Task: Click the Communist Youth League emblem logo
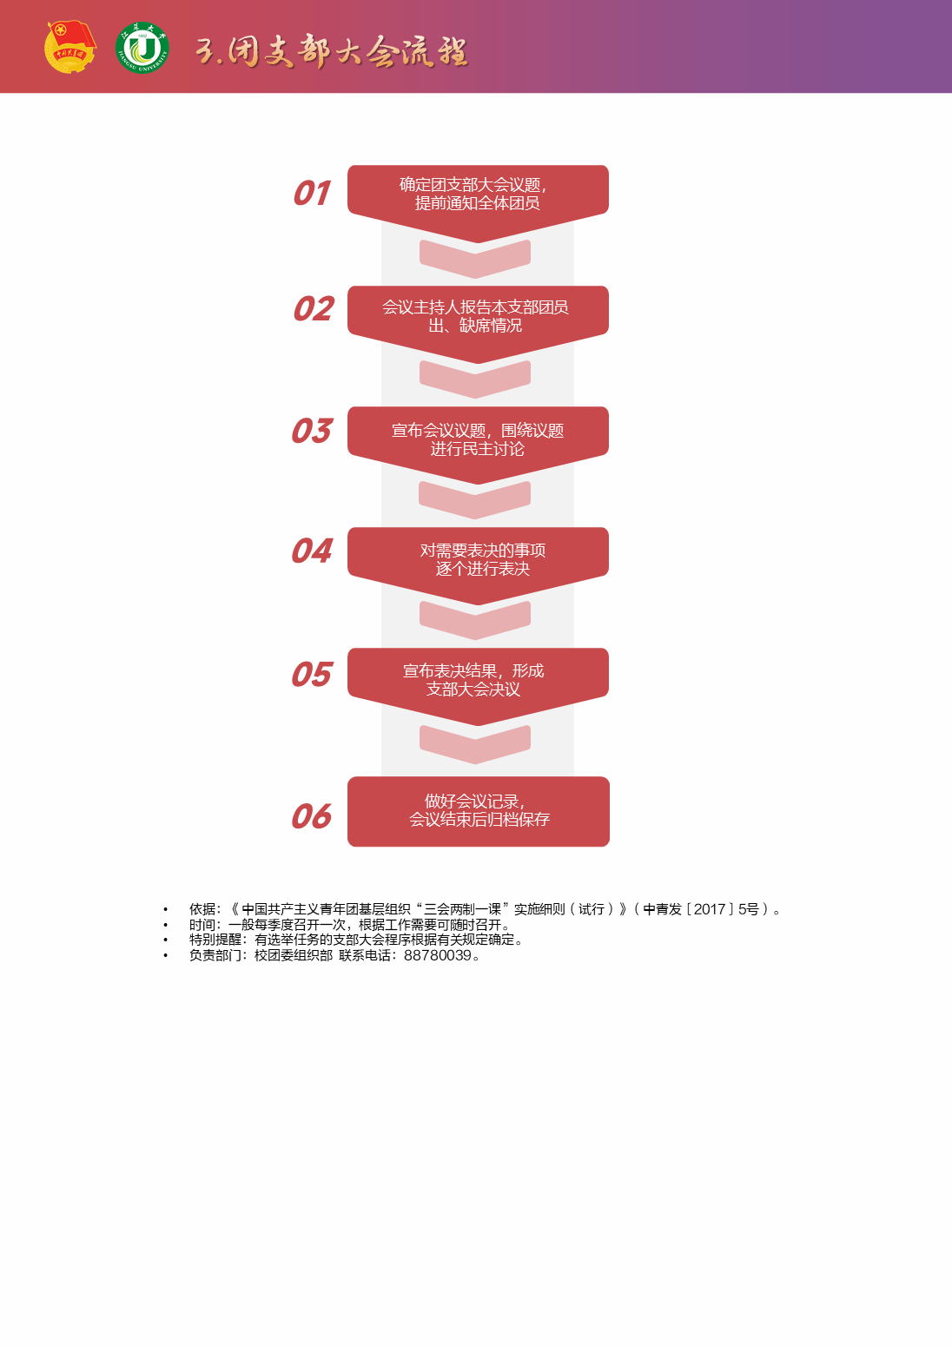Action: pyautogui.click(x=69, y=47)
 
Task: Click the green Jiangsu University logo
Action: pyautogui.click(x=142, y=48)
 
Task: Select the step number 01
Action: pyautogui.click(x=311, y=193)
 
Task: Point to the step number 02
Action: pyautogui.click(x=313, y=309)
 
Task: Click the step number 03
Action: pyautogui.click(x=312, y=431)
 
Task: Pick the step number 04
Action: pyautogui.click(x=312, y=551)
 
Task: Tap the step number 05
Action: pyautogui.click(x=312, y=675)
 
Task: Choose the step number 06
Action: pyautogui.click(x=312, y=816)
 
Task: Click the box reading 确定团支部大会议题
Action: pyautogui.click(x=478, y=195)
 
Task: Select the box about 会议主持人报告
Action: pyautogui.click(x=478, y=316)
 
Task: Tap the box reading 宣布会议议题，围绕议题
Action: pyautogui.click(x=478, y=439)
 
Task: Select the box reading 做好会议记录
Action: pyautogui.click(x=478, y=811)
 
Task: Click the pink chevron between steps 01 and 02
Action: pyautogui.click(x=475, y=258)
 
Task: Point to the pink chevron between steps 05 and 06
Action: pyautogui.click(x=475, y=743)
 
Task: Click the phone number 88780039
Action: pyautogui.click(x=437, y=955)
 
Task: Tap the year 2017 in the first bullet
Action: pyautogui.click(x=710, y=909)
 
